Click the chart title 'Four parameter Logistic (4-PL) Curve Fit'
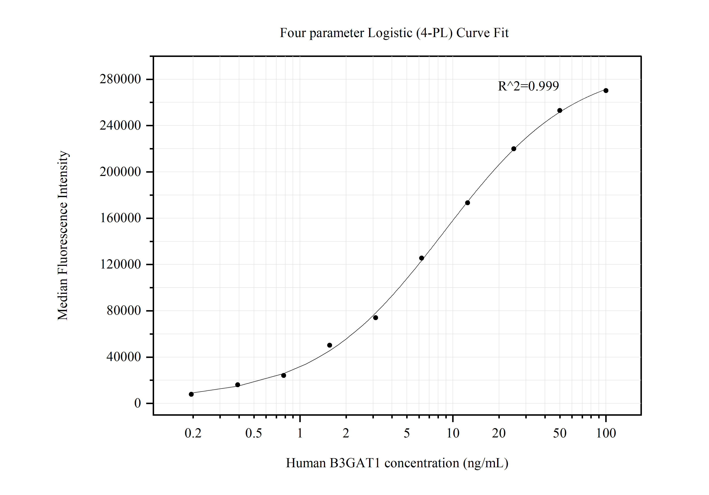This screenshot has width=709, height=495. click(x=394, y=33)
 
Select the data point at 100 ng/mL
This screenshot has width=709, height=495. click(x=606, y=90)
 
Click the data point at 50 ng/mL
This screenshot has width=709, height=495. click(x=559, y=111)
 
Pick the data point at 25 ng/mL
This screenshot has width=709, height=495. click(x=513, y=149)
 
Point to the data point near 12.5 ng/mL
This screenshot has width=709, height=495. click(x=467, y=203)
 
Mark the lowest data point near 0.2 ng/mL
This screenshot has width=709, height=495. click(x=191, y=394)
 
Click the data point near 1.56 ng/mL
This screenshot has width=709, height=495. click(x=330, y=345)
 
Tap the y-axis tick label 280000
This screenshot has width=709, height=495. click(x=120, y=79)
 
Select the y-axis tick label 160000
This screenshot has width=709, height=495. click(x=120, y=218)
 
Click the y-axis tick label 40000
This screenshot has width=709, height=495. click(x=123, y=357)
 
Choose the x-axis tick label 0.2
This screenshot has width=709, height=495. click(x=193, y=434)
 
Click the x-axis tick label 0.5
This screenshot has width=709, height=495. click(x=254, y=434)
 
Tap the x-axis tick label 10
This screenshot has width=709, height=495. click(x=453, y=434)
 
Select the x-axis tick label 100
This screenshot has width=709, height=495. click(x=606, y=434)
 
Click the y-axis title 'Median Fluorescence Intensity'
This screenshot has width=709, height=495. click(x=63, y=235)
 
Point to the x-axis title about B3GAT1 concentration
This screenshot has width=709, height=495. click(x=397, y=463)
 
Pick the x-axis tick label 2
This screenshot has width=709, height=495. click(x=346, y=434)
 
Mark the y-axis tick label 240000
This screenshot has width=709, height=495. click(x=120, y=126)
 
